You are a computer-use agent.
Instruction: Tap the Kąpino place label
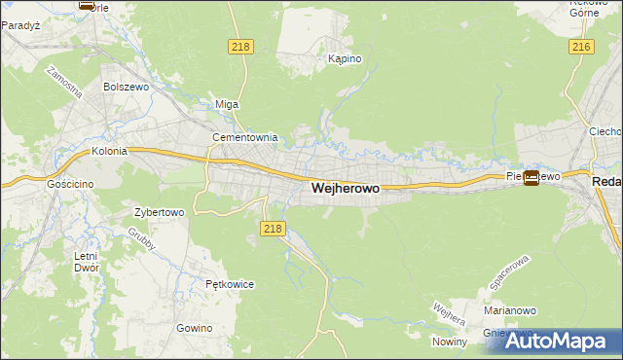(345, 59)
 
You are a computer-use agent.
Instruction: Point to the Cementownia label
(245, 138)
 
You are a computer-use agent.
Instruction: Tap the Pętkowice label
(230, 284)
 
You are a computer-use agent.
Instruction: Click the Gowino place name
(195, 328)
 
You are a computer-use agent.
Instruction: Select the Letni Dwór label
(86, 261)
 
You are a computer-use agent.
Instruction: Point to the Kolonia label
(110, 152)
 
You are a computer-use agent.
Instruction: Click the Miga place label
(226, 104)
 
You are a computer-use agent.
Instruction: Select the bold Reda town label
(606, 182)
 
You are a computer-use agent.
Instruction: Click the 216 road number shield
(582, 48)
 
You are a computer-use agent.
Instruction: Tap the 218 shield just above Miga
(240, 47)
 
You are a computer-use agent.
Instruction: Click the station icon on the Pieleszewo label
(531, 177)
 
